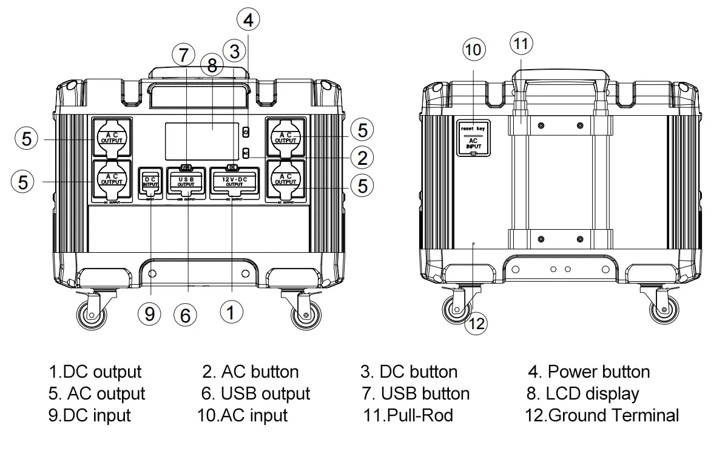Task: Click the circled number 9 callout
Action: pyautogui.click(x=149, y=313)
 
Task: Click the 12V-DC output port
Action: pyautogui.click(x=233, y=183)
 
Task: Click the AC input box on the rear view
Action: pyautogui.click(x=474, y=138)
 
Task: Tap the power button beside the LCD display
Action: pyautogui.click(x=246, y=132)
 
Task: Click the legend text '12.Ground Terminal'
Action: pyautogui.click(x=602, y=415)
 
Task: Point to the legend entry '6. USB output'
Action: pyautogui.click(x=255, y=393)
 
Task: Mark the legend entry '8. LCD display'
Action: pyautogui.click(x=582, y=393)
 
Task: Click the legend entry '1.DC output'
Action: pyautogui.click(x=95, y=371)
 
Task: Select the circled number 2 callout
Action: pyautogui.click(x=362, y=158)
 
